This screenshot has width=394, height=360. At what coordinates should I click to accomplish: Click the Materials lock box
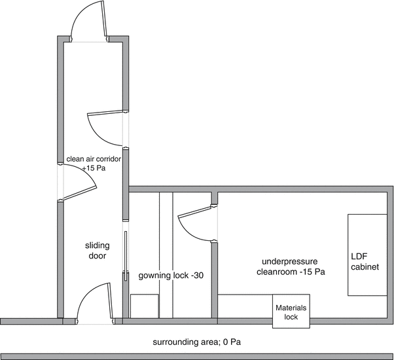click(291, 311)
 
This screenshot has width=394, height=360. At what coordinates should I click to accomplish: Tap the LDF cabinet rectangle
click(367, 255)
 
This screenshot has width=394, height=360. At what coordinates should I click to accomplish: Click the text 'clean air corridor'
click(94, 159)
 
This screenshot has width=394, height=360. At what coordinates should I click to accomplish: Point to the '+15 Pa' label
click(94, 168)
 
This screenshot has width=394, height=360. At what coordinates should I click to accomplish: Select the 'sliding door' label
click(98, 251)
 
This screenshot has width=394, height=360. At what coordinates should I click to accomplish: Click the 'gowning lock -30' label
click(171, 276)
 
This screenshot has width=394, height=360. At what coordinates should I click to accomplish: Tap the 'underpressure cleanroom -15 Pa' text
click(291, 266)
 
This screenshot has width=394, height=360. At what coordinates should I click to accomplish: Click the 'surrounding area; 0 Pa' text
click(197, 342)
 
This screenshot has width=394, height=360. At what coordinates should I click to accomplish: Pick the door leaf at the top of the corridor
click(105, 19)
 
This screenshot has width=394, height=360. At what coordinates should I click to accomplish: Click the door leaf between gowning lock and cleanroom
click(194, 211)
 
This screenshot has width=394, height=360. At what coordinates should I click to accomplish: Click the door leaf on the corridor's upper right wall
click(105, 113)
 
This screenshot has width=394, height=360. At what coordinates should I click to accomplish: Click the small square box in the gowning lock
click(145, 306)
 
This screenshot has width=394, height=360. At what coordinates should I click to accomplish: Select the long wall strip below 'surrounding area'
click(197, 357)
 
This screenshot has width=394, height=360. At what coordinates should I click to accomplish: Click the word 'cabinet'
click(365, 266)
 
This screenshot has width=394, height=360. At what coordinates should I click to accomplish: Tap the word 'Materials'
click(291, 308)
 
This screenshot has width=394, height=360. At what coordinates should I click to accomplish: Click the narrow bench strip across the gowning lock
click(166, 255)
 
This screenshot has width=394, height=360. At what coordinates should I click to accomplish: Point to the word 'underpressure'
click(290, 262)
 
